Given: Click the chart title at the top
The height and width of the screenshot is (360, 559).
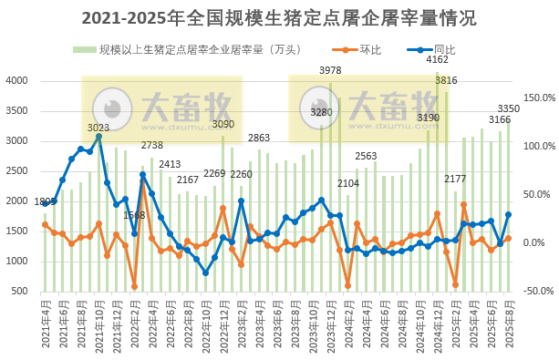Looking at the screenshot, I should [x=279, y=18].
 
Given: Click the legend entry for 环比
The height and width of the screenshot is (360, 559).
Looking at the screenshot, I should [x=366, y=49].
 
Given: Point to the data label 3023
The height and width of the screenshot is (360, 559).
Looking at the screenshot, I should [x=98, y=128].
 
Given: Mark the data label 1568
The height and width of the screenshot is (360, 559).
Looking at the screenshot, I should [x=134, y=215].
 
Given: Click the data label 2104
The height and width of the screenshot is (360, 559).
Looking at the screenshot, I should [x=347, y=183].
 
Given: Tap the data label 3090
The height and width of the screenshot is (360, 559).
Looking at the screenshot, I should [x=223, y=124].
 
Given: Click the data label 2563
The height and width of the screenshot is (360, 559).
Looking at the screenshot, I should [x=366, y=156].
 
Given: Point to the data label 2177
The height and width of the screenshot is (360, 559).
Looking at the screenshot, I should [x=455, y=179].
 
